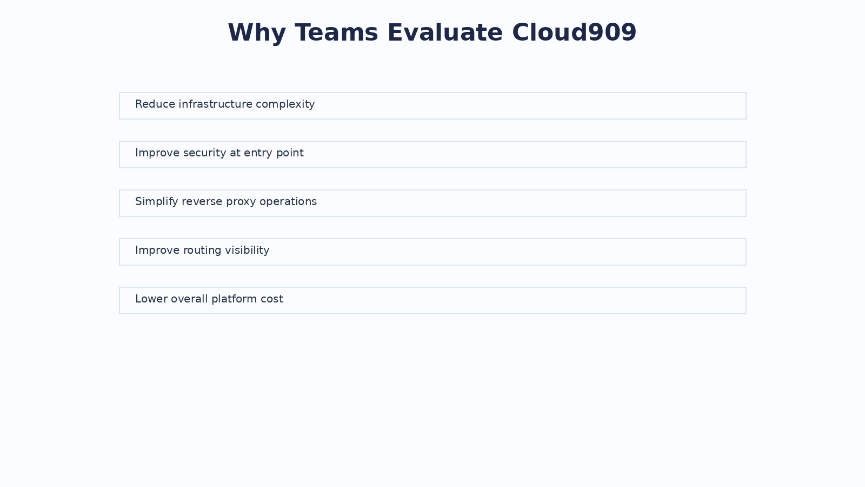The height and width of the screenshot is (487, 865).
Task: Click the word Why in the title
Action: point(257,33)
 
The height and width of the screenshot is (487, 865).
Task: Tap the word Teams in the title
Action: point(336,32)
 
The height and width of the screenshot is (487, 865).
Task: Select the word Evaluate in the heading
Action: point(445,32)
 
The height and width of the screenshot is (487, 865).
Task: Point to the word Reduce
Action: point(155,104)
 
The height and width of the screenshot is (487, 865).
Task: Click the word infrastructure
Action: point(216,104)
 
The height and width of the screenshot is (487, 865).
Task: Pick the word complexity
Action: point(285,105)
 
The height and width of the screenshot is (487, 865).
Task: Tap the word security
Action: point(205,154)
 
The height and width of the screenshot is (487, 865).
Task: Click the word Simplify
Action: point(156,202)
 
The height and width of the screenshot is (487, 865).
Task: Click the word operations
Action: point(288,202)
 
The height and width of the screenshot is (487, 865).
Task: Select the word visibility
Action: point(247,251)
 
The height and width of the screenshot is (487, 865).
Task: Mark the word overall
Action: point(189,299)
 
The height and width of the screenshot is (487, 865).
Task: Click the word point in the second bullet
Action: point(290,154)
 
